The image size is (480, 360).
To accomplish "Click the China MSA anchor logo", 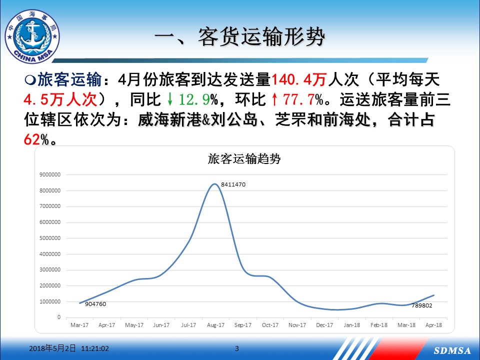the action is tap(32, 36).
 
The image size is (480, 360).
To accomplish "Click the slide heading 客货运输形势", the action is tap(261, 37).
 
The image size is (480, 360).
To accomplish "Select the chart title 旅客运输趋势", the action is tap(244, 159).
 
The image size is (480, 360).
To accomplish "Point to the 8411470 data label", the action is tap(233, 184).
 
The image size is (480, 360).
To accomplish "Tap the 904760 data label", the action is tap(95, 304).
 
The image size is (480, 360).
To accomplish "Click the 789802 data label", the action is tap(422, 305).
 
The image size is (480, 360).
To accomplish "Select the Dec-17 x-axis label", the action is tap(324, 325).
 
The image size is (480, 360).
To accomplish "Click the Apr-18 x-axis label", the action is tap(434, 325).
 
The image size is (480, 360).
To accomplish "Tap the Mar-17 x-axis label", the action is tap(79, 325).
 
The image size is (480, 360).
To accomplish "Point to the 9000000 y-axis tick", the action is tap(50, 174).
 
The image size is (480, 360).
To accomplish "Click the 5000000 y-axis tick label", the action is tap(50, 238).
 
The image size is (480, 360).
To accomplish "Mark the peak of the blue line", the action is tap(214, 184).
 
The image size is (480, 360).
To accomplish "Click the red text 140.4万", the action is tap(299, 79).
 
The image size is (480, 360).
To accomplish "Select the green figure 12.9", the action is tap(194, 99).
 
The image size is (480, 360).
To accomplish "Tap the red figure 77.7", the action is tap(299, 99).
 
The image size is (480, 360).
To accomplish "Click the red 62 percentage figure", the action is tap(32, 139).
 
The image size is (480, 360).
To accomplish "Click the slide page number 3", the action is tap(236, 348).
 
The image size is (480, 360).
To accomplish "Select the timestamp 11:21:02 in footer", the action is tap(95, 348).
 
